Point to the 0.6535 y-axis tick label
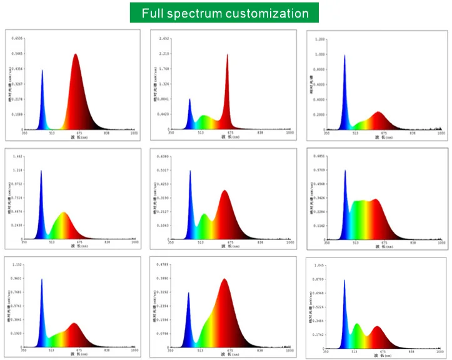18,39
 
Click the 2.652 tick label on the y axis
164,39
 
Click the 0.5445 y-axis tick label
18,54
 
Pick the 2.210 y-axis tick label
164,54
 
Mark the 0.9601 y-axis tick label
18,278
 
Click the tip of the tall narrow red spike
228,54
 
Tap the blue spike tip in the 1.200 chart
344,55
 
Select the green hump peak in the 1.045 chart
356,324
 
